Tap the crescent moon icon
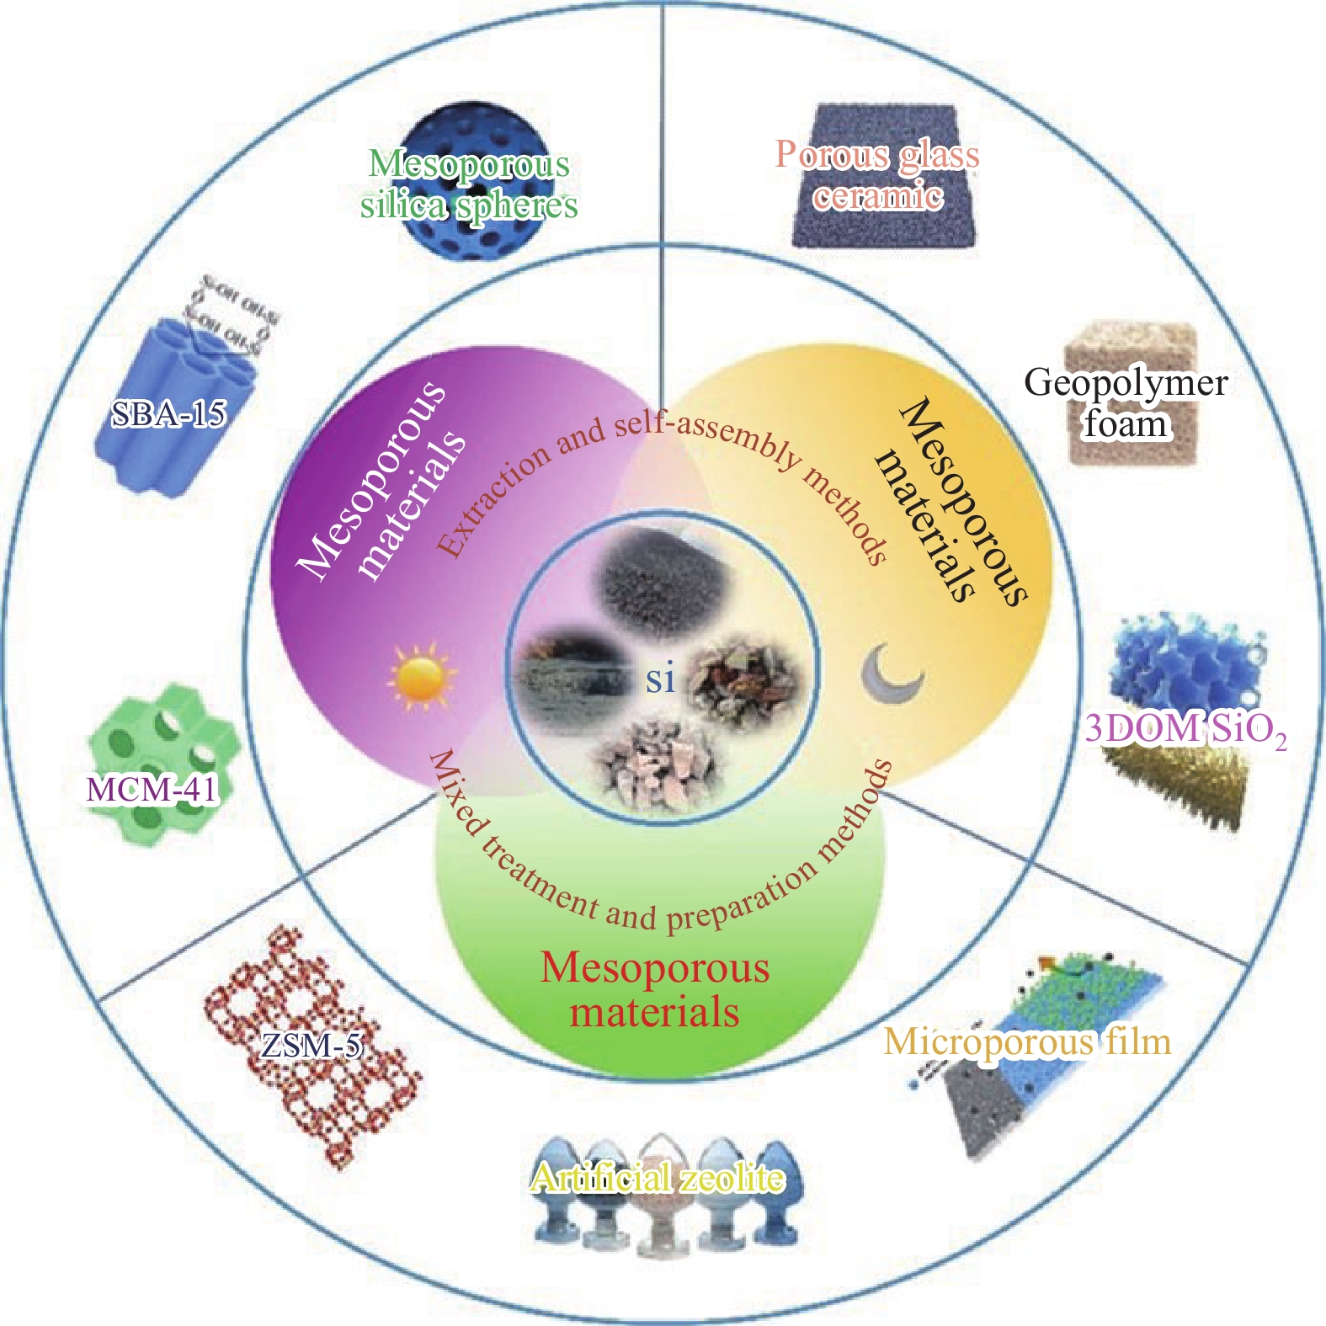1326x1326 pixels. [x=891, y=674]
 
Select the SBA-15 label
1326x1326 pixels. [x=168, y=413]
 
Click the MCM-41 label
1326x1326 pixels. [x=152, y=789]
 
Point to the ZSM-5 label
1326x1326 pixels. [x=311, y=1045]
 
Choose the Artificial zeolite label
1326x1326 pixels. [x=657, y=1178]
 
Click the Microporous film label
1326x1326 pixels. [x=1027, y=1042]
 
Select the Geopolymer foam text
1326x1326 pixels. [x=1126, y=402]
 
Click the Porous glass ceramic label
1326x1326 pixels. [x=877, y=175]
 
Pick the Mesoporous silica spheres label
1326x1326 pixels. [x=469, y=184]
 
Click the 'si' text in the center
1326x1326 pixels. [x=661, y=679]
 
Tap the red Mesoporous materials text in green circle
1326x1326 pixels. [x=655, y=989]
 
